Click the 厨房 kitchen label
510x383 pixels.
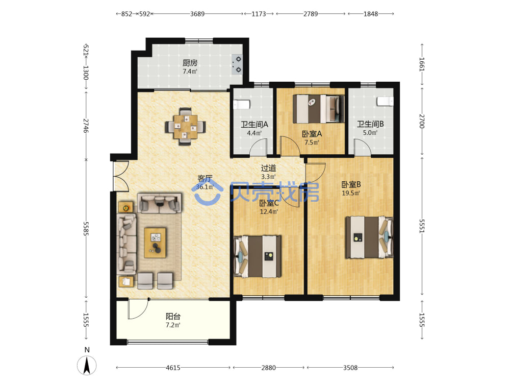190,63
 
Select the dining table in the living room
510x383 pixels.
186,126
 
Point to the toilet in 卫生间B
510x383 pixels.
385,101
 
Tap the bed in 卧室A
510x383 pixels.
318,109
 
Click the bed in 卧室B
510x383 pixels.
369,237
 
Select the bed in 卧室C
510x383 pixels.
257,257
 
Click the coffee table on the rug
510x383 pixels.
155,243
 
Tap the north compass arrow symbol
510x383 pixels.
87,365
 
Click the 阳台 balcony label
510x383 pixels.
173,316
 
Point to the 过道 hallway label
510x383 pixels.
269,168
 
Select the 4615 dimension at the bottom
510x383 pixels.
173,368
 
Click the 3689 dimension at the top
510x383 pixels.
197,14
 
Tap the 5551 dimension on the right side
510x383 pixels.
422,226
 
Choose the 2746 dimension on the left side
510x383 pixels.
86,126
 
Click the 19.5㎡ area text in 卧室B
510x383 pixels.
351,193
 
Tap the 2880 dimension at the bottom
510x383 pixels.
269,368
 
